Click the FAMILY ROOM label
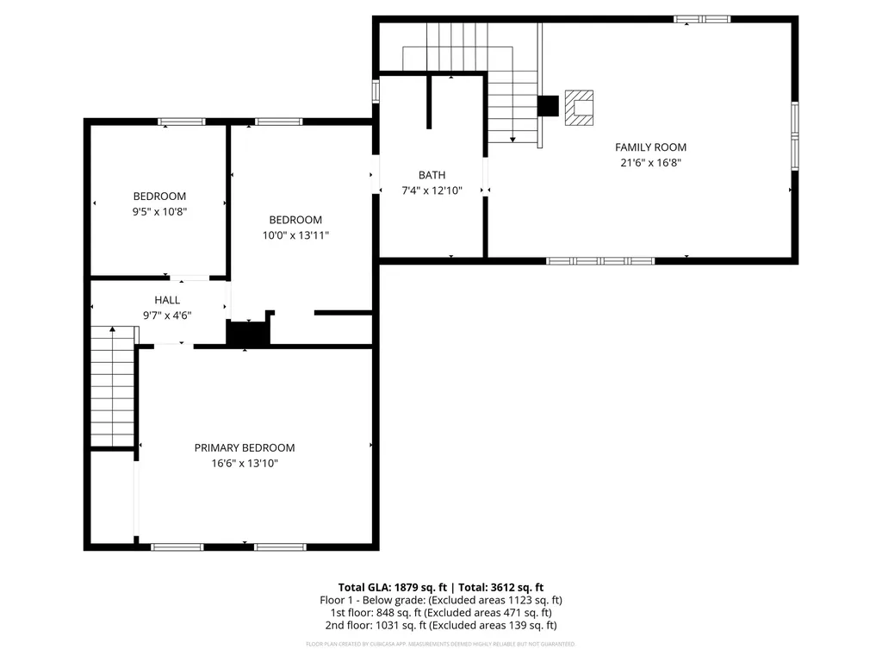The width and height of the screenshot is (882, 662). coord(650,147)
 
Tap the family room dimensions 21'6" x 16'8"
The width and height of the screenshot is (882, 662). coord(650,163)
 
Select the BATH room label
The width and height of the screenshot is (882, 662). coord(432,175)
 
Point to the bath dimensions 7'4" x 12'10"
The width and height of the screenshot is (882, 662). coord(432,190)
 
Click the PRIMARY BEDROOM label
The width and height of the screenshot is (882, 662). coord(244,447)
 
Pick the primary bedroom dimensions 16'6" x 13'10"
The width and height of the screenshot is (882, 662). coord(244,464)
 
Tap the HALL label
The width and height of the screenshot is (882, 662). coord(167,300)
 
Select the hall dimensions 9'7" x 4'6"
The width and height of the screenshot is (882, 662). coord(167,315)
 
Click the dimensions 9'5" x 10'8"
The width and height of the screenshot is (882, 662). coord(159,211)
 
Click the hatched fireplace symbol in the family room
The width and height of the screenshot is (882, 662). coord(579,107)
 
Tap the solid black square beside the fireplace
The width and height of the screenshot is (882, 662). coord(548,105)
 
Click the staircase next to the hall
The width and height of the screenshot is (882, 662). coord(113,388)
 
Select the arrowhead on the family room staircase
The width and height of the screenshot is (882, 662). coord(512,138)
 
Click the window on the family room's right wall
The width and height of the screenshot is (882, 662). coord(794,134)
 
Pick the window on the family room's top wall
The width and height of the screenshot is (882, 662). coord(701,19)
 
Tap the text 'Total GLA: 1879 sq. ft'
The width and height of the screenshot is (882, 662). coord(393,587)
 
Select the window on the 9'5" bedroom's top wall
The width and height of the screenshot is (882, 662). coord(182,122)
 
